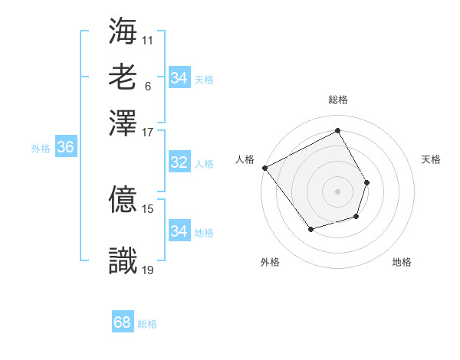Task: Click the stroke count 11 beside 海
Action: [149, 38]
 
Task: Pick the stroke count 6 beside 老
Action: [147, 85]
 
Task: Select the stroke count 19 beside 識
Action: [149, 269]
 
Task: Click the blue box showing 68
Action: [123, 322]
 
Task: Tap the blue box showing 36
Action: [65, 148]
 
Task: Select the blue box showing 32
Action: [179, 162]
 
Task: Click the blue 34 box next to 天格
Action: [179, 78]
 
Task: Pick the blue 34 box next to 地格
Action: [179, 231]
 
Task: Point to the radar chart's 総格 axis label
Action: [337, 100]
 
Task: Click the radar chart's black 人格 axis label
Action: [245, 159]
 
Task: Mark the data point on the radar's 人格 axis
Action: [264, 168]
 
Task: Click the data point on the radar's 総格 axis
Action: [337, 130]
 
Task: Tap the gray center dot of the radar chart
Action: [337, 191]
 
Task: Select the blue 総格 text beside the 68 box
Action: [147, 324]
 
